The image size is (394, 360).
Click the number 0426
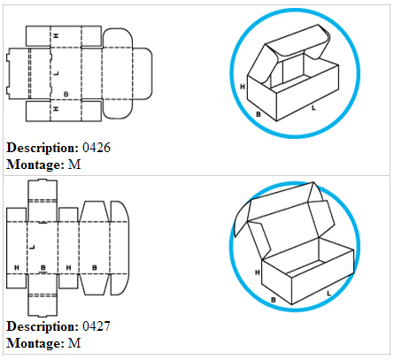97,148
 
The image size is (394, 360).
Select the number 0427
97,326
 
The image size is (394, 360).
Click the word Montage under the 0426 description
35,165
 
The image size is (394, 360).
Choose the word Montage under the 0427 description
35,344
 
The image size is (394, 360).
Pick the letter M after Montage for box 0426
74,165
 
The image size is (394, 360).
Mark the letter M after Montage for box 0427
74,343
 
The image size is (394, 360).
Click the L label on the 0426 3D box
313,108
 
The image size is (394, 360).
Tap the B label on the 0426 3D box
259,114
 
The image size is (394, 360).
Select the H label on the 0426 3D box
243,87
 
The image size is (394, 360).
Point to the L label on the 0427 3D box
328,294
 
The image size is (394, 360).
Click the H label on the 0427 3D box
258,272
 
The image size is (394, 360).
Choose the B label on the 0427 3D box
274,300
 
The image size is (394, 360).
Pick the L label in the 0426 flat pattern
57,73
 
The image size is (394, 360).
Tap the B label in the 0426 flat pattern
66,95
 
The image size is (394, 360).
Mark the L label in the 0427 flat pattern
32,247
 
